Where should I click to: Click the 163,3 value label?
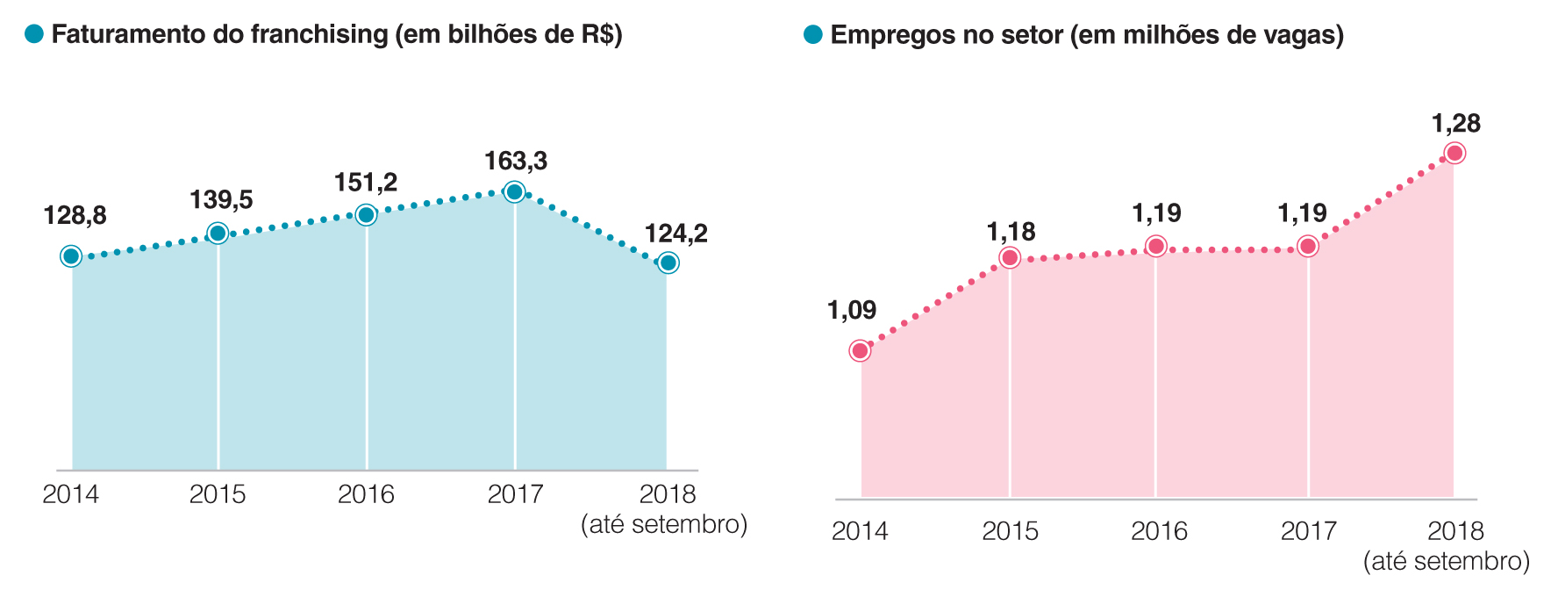516,162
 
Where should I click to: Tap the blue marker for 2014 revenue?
71,256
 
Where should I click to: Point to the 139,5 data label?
221,200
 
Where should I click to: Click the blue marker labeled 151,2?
367,214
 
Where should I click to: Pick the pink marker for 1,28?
1454,154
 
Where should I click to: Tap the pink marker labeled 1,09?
861,351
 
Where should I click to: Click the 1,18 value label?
1011,232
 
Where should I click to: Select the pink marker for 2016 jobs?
1156,246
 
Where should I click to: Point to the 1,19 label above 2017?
1302,213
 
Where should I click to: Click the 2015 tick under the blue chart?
218,494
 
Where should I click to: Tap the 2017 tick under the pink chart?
1309,531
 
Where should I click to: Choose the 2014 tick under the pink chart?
860,531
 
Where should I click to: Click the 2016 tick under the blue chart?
366,494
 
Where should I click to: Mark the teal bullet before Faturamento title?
34,34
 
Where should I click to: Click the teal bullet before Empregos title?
813,35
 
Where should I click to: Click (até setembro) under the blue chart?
664,525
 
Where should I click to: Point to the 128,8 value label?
75,215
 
